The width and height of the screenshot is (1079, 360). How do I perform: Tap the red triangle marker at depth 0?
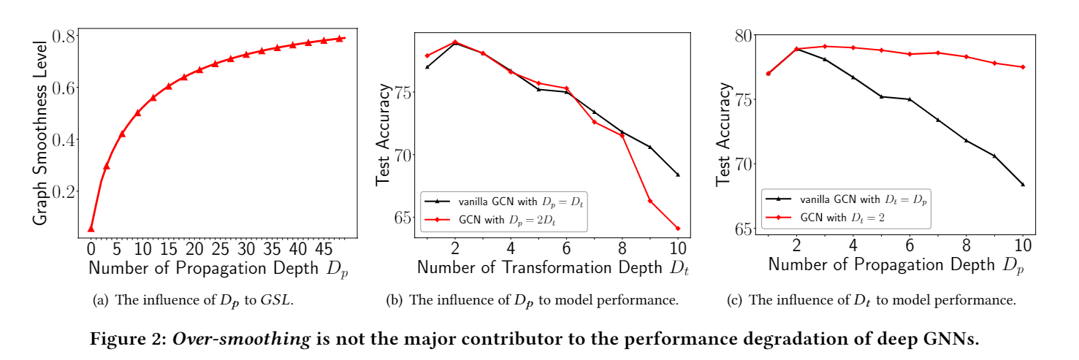tap(91, 229)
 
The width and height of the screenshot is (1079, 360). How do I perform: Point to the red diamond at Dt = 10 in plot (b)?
tap(678, 228)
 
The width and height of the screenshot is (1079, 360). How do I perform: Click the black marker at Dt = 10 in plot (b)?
tap(678, 175)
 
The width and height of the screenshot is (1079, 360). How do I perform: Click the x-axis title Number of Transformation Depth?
tap(541, 267)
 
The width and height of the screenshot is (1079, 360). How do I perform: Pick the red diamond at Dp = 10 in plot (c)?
tap(1023, 67)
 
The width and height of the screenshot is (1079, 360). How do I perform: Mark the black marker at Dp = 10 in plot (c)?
tap(1023, 184)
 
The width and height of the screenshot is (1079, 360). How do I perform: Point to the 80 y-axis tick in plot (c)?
tap(745, 36)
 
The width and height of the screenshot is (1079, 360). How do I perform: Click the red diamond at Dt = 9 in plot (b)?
tap(649, 201)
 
